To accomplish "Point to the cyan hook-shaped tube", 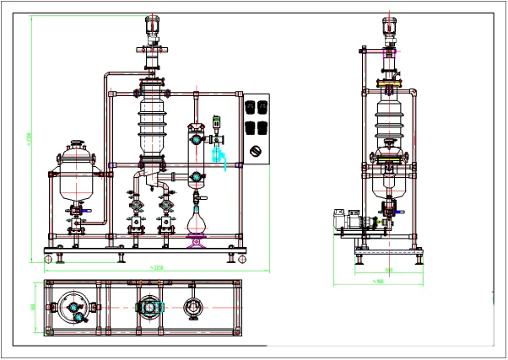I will [x=221, y=155].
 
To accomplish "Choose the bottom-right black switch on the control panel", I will [x=263, y=127].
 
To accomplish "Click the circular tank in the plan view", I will [x=74, y=308].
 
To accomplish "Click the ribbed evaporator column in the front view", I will [x=153, y=122].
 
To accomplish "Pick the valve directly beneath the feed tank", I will [x=84, y=207].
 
